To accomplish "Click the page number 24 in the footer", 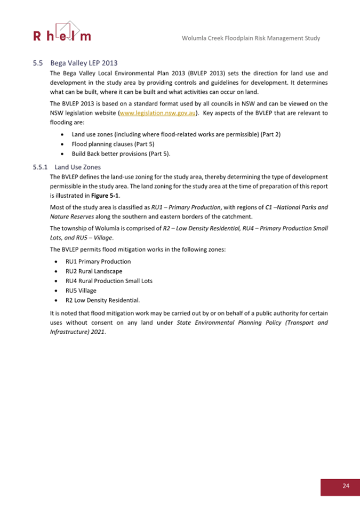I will click(x=346, y=486).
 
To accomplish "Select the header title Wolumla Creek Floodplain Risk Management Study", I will click(x=250, y=38).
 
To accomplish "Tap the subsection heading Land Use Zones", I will click(x=78, y=167).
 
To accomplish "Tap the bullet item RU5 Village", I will click(x=81, y=291).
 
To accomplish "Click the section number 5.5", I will click(x=37, y=62).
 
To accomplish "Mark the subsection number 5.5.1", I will click(x=40, y=167).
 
